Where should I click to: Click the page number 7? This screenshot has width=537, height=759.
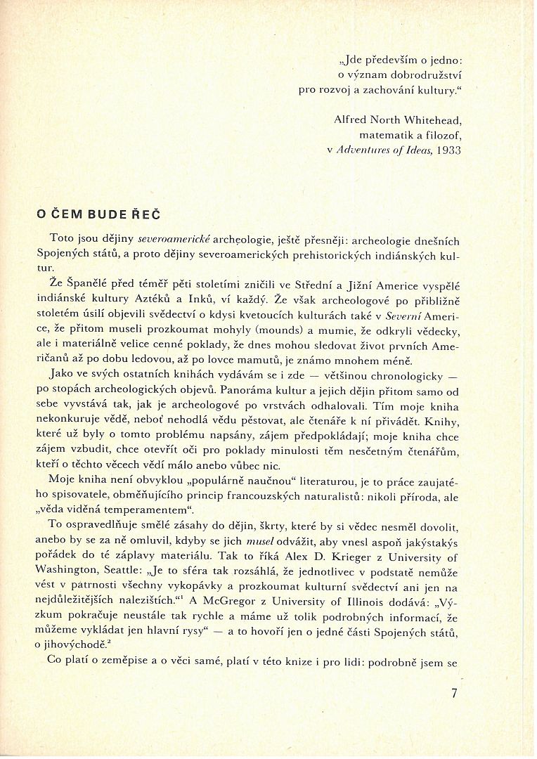[455, 693]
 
